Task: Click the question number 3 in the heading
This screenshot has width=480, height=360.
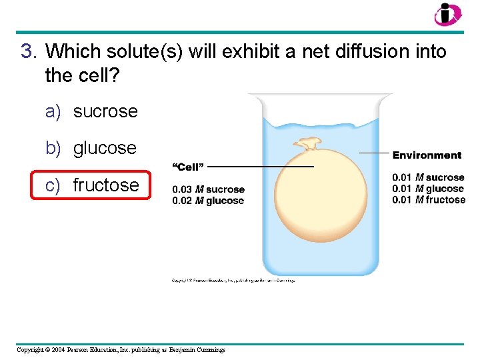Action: pos(27,51)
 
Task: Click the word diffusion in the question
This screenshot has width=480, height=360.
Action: pos(357,51)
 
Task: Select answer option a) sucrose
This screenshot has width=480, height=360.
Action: pos(92,111)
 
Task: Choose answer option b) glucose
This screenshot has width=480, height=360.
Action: pos(91,148)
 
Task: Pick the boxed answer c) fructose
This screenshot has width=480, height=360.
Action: pos(93,185)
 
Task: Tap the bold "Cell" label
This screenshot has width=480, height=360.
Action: pos(188,166)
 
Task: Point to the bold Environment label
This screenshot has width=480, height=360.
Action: pos(427,155)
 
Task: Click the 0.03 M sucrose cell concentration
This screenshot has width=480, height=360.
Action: pos(208,189)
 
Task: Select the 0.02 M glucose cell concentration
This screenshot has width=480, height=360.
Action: pos(208,201)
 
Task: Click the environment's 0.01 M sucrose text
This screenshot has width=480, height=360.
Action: pos(428,177)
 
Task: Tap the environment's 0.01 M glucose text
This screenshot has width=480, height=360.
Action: pos(428,189)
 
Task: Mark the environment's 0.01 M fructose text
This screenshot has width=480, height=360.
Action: pos(429,200)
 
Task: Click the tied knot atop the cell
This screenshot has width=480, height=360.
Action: pos(307,143)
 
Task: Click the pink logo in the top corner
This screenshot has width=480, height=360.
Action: pos(447,14)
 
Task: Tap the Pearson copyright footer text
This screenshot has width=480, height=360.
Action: pos(121,350)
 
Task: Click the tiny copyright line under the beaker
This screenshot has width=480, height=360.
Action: pos(233,281)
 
